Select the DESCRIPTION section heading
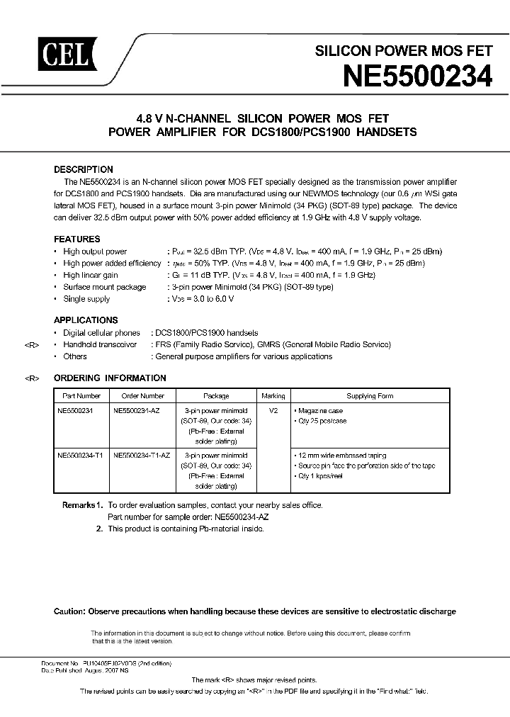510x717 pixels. tap(84, 170)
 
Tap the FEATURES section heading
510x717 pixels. tap(77, 239)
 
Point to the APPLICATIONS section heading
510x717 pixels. tap(86, 320)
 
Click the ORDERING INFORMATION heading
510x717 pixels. tap(110, 378)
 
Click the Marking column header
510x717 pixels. tap(273, 396)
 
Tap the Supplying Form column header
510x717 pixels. tap(369, 396)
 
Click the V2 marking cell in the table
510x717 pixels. tap(273, 410)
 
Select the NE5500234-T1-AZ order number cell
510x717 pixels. tap(144, 456)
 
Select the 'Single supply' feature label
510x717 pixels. tap(86, 299)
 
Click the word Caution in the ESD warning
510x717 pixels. tap(69, 611)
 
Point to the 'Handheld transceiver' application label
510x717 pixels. tap(100, 344)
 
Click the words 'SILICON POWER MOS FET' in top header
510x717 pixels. tap(403, 52)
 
